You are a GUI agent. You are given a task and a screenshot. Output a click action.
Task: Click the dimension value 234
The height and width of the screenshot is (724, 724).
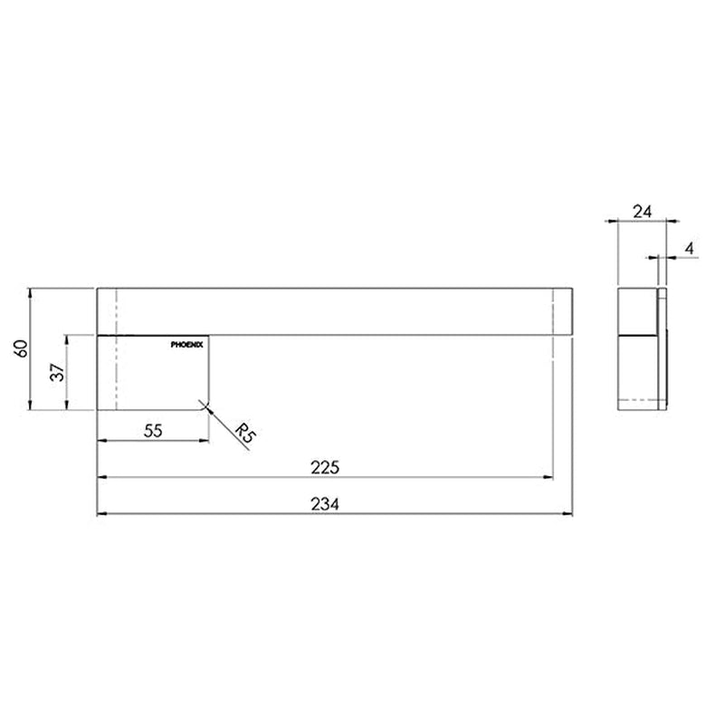[x=325, y=505]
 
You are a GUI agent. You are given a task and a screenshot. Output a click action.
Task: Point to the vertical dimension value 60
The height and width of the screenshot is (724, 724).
[x=21, y=348]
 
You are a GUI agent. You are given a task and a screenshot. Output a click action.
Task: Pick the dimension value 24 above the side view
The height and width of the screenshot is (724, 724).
[x=641, y=211]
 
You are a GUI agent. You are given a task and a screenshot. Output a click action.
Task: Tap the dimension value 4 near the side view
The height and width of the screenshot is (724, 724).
[x=689, y=248]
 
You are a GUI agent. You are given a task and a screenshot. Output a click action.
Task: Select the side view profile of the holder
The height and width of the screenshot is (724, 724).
[x=643, y=349]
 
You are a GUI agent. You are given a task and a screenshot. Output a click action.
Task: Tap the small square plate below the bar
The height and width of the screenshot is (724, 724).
[x=154, y=372]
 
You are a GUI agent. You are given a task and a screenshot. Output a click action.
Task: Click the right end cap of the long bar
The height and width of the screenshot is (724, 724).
[x=562, y=311]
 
